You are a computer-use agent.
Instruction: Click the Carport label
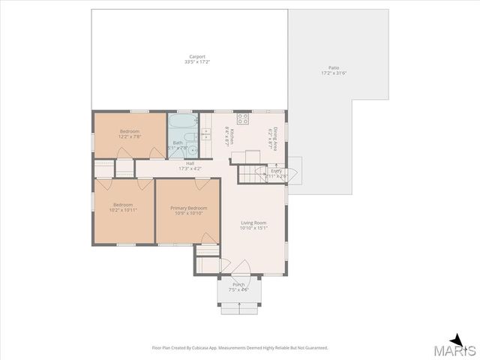pos(197,56)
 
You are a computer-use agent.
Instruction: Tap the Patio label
pos(334,67)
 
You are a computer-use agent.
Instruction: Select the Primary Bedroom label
pos(188,208)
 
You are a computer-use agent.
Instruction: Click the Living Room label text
pos(253,223)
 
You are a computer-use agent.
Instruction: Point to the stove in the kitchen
pos(243,118)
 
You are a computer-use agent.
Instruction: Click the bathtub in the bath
pos(182,121)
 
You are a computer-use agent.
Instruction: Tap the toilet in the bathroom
pos(192,136)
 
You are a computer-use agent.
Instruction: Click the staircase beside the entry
pos(252,175)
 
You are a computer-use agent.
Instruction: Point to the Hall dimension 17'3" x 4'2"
pos(190,169)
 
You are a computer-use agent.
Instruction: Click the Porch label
pos(238,284)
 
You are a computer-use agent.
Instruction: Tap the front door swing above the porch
pos(241,267)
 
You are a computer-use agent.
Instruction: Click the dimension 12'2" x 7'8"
pos(130,136)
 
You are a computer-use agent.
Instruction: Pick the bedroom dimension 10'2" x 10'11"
pos(124,210)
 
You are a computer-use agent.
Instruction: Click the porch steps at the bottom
pos(238,306)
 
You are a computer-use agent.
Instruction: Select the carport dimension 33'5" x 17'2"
pos(197,61)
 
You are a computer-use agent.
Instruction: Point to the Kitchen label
pos(232,135)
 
